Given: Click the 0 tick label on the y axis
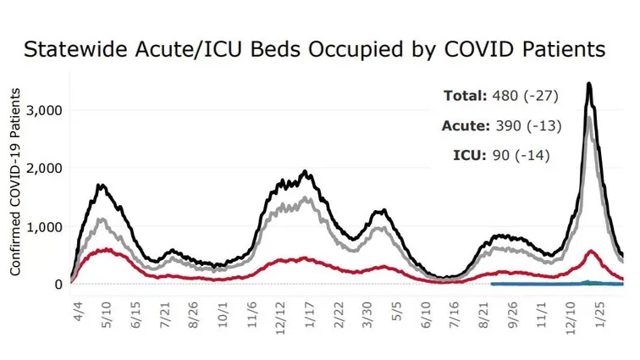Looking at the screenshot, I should pyautogui.click(x=58, y=285).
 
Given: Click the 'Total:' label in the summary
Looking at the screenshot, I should pyautogui.click(x=466, y=95).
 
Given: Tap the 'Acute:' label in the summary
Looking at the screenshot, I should pyautogui.click(x=466, y=125).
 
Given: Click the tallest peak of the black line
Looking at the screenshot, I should pyautogui.click(x=588, y=84).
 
